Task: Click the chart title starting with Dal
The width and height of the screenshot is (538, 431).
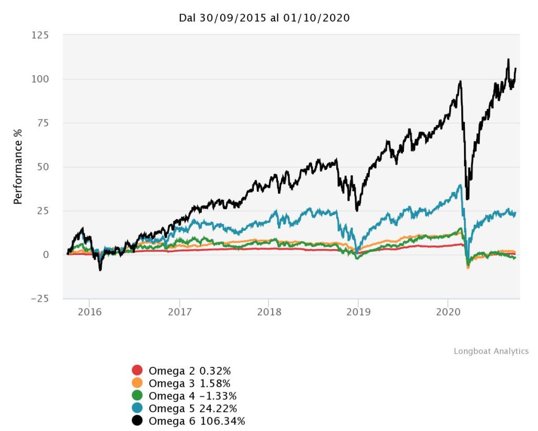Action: pos(265,18)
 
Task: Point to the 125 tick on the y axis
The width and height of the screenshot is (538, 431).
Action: pos(40,35)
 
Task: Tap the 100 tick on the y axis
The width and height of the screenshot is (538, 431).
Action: pos(40,79)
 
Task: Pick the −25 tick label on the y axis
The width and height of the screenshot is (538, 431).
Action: pos(38,299)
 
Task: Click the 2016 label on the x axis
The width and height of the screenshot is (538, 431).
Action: pos(89,311)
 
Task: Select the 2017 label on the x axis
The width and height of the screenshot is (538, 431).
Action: pos(180,311)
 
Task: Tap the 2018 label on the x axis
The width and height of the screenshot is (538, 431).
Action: pos(268,311)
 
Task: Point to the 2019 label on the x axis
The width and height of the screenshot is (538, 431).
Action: pos(358,311)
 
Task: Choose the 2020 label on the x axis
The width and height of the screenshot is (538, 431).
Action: pos(448,311)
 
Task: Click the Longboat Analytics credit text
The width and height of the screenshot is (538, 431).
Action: pos(491,351)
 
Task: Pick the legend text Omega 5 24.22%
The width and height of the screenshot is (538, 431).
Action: pos(193,408)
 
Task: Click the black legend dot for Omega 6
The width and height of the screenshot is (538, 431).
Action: pos(138,421)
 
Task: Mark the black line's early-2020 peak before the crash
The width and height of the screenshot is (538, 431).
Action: pos(460,81)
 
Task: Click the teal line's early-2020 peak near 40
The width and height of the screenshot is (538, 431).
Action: pos(460,184)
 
